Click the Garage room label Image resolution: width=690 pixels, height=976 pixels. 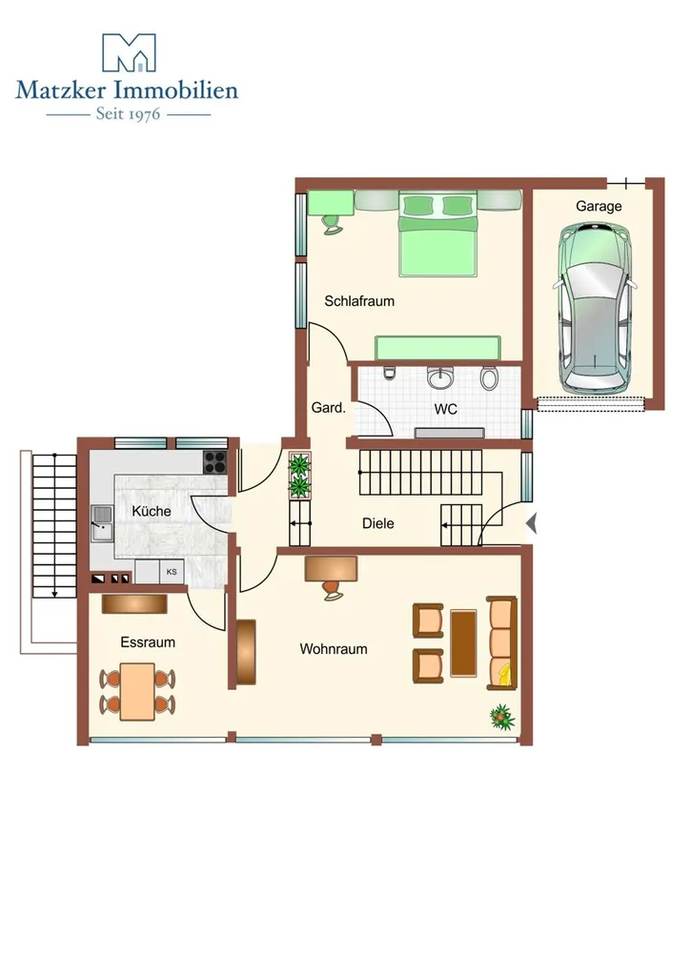(x=599, y=206)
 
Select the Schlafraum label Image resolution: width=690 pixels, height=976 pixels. (x=359, y=301)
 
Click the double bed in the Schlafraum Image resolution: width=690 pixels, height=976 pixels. (x=437, y=234)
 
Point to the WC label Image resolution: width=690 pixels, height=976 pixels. (x=445, y=409)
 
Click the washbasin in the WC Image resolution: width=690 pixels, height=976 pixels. (x=441, y=376)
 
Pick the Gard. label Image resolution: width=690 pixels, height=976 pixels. (x=328, y=408)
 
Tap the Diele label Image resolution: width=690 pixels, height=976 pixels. (x=378, y=523)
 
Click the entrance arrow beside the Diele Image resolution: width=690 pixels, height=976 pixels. (x=532, y=523)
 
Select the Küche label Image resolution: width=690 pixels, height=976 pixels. (x=152, y=511)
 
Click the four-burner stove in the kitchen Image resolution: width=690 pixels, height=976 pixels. (x=215, y=462)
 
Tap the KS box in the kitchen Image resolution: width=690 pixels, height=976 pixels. (x=172, y=572)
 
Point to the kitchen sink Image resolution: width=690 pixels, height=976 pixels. (x=101, y=523)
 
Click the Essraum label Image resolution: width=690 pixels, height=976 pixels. (x=148, y=642)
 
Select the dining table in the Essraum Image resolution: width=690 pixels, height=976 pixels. (x=137, y=692)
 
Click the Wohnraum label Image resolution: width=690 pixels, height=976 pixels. (x=334, y=649)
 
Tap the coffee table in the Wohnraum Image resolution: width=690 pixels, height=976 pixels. (x=463, y=643)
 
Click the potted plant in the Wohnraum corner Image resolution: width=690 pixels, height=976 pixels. (x=501, y=717)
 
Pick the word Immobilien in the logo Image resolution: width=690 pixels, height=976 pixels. (x=177, y=91)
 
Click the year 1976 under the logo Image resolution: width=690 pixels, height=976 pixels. (x=145, y=114)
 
